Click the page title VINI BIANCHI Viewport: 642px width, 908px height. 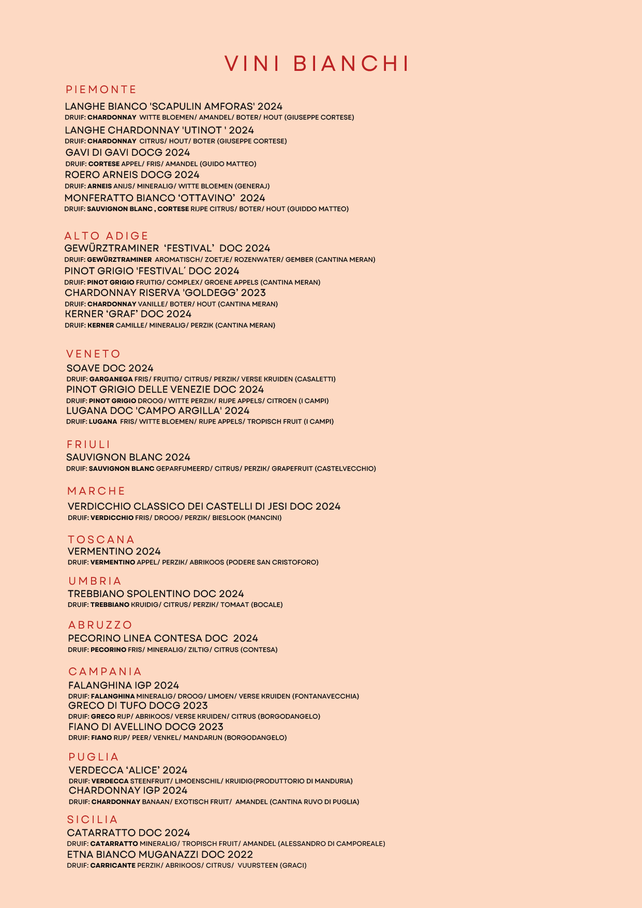317,64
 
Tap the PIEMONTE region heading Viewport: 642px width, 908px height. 101,90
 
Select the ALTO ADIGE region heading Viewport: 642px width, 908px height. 106,236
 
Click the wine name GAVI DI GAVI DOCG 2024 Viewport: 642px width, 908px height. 128,153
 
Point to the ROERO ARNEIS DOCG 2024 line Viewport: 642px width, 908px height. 132,175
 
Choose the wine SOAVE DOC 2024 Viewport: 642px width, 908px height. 110,368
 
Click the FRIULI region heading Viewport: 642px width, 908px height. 88,444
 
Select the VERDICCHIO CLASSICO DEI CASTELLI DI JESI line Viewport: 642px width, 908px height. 204,507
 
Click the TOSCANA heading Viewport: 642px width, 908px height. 101,540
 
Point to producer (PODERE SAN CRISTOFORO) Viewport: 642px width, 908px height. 272,562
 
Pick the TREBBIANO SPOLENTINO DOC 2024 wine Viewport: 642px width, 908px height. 156,594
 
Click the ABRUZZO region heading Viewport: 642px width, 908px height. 100,625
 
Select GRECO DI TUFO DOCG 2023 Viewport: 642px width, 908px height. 138,706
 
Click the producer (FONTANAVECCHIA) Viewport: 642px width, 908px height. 325,696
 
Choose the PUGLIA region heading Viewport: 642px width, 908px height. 94,757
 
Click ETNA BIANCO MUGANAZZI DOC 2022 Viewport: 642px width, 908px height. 160,854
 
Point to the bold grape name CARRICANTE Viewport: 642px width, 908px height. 113,865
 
